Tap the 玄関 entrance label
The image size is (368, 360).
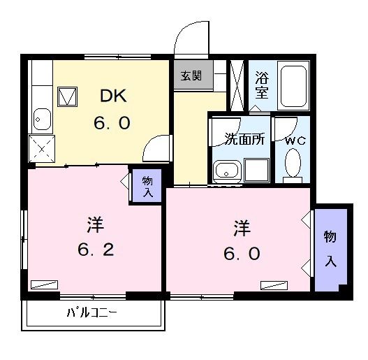(x=191, y=75)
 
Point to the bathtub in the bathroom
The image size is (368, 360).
(x=293, y=85)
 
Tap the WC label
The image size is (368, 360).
(x=295, y=140)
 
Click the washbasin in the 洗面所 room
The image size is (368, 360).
(x=226, y=170)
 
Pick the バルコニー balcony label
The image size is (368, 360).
(x=91, y=312)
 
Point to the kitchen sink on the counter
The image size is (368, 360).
(x=40, y=120)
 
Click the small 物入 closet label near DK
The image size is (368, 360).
(x=147, y=186)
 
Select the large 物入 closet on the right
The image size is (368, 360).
(x=330, y=248)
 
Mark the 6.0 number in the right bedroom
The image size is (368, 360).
(x=242, y=252)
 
